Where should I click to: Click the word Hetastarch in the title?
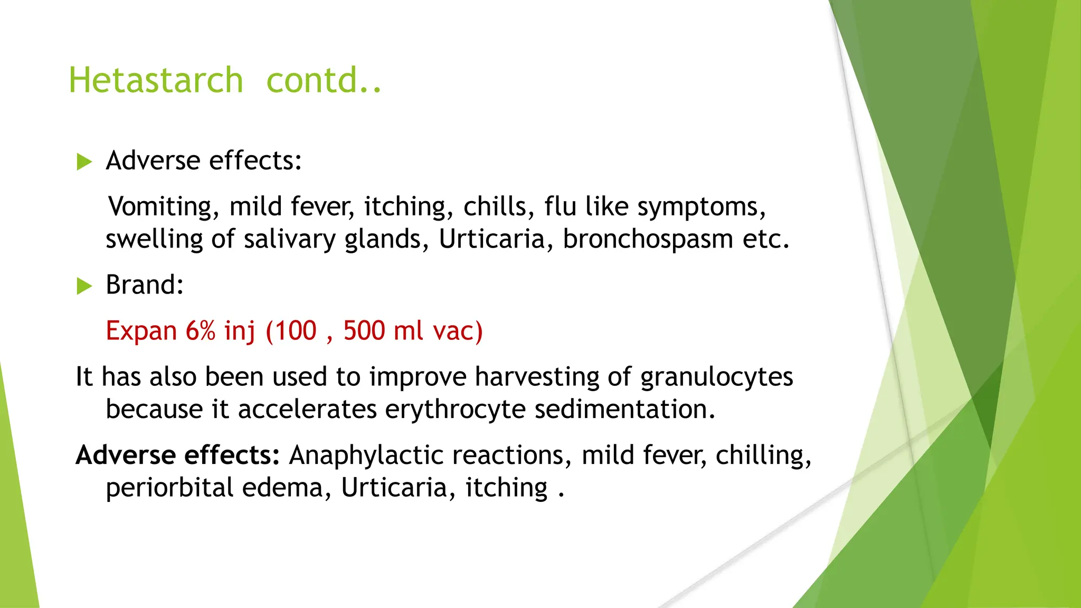156,80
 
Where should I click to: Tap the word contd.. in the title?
323,80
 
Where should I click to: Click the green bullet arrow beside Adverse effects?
84,161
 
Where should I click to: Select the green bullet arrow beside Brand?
84,286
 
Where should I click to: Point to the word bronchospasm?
648,240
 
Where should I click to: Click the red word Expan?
141,331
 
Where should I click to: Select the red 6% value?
201,331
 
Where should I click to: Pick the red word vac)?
458,331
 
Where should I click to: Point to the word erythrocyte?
455,410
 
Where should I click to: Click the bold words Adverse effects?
177,455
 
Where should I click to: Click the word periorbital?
169,488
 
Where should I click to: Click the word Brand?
145,285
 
